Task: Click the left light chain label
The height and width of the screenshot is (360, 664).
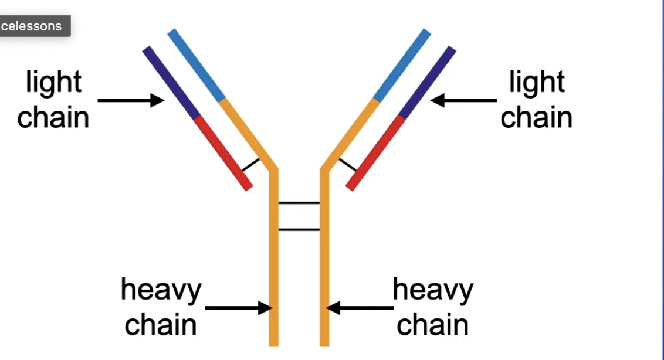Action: pyautogui.click(x=53, y=100)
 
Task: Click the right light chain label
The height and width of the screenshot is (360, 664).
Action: pyautogui.click(x=536, y=100)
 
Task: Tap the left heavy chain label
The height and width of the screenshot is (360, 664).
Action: pyautogui.click(x=161, y=307)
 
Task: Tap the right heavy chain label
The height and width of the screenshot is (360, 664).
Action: pyautogui.click(x=433, y=307)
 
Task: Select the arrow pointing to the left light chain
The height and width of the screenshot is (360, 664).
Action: pyautogui.click(x=130, y=100)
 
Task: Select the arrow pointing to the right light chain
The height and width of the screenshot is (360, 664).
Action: pyautogui.click(x=464, y=100)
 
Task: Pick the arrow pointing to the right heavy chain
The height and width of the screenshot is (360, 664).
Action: pyautogui.click(x=360, y=307)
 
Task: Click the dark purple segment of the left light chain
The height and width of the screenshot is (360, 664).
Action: pyautogui.click(x=172, y=83)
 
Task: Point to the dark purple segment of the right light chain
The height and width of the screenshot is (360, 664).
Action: pyautogui.click(x=427, y=82)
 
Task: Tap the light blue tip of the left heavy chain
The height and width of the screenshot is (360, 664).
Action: pyautogui.click(x=197, y=65)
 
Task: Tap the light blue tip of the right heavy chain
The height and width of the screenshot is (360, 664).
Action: pyautogui.click(x=402, y=65)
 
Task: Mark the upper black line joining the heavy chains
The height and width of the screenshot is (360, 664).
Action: pyautogui.click(x=299, y=203)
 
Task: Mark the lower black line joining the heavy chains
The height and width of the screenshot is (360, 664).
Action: pyautogui.click(x=299, y=229)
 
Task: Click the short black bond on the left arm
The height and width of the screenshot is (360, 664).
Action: pyautogui.click(x=250, y=164)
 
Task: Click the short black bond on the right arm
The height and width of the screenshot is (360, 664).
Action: pyautogui.click(x=348, y=165)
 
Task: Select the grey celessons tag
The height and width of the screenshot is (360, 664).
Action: pyautogui.click(x=34, y=26)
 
